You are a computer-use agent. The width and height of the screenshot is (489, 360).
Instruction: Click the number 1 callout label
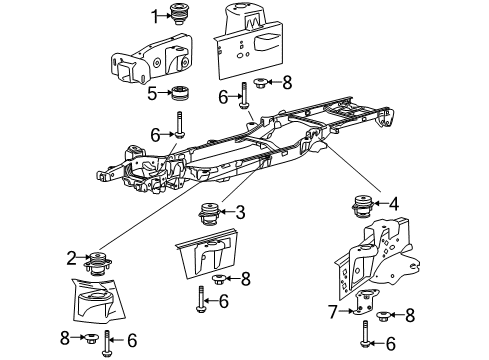pyautogui.click(x=155, y=14)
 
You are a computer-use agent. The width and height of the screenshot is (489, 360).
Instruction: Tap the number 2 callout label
pyautogui.click(x=72, y=259)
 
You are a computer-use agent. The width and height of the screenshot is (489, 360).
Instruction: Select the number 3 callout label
pyautogui.click(x=240, y=211)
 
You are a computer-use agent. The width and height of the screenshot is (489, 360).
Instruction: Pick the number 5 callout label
pyautogui.click(x=153, y=94)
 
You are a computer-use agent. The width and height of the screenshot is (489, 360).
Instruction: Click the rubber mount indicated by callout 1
pyautogui.click(x=181, y=16)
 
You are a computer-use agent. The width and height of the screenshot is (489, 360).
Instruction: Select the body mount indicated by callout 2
pyautogui.click(x=98, y=263)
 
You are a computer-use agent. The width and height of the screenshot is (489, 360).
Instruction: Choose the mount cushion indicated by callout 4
pyautogui.click(x=362, y=210)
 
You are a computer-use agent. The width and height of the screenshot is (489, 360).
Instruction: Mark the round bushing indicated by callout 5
pyautogui.click(x=180, y=96)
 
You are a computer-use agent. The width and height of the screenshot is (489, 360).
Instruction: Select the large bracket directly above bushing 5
pyautogui.click(x=147, y=62)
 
